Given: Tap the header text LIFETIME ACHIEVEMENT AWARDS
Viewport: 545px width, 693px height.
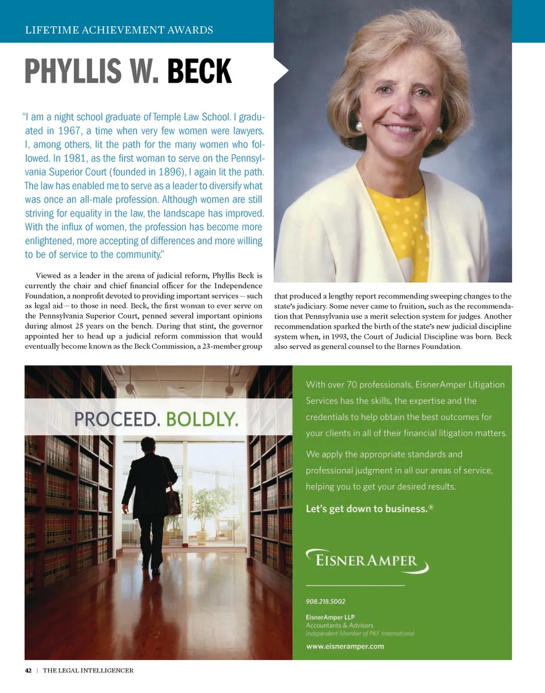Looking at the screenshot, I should [x=119, y=30].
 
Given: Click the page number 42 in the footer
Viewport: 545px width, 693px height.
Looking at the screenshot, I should [x=28, y=670].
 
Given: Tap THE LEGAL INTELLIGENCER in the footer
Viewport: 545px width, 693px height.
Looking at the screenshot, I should [x=88, y=670].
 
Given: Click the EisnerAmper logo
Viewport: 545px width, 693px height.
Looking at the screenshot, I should [x=367, y=560].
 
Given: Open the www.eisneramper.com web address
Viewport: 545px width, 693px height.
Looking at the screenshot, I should [x=345, y=646].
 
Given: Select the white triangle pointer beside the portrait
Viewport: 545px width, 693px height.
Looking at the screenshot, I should [x=281, y=70].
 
